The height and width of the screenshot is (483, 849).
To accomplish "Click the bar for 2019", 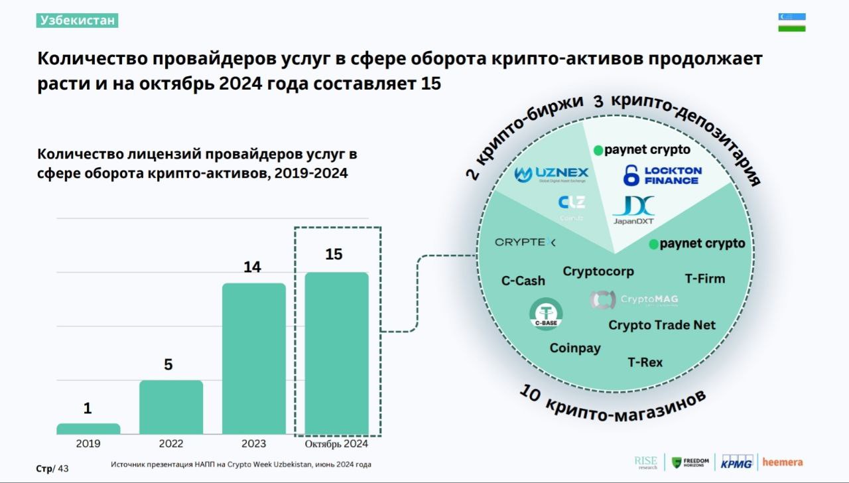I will click(88, 429).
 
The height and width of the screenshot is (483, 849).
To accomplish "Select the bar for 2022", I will click(170, 407).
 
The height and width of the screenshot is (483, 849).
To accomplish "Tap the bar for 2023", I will click(253, 358).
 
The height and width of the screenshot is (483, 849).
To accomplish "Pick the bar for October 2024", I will click(336, 353).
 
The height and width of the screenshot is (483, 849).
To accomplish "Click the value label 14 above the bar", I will click(252, 267).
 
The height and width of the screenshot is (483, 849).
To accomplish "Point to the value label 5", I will click(168, 364).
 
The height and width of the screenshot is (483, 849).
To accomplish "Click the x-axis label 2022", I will click(170, 444).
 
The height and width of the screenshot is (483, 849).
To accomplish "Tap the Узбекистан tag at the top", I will click(78, 21).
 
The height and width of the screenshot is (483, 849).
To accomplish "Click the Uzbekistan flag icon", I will click(791, 22).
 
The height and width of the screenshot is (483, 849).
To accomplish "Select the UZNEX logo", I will click(552, 175).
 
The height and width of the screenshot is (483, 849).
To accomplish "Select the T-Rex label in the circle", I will click(645, 362).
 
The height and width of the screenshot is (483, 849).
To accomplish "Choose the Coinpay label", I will click(575, 348).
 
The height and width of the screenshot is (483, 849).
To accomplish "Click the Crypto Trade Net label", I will click(662, 325).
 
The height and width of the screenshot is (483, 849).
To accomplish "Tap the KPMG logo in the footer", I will click(736, 462).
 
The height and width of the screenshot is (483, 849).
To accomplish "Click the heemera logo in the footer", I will click(782, 462).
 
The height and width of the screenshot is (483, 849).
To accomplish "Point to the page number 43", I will click(63, 469).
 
